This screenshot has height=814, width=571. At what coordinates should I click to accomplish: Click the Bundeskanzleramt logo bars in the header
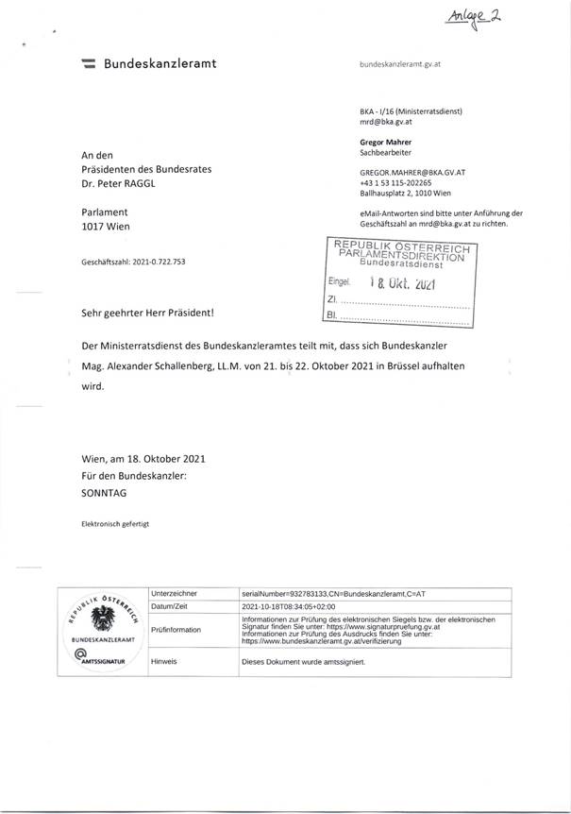point(89,64)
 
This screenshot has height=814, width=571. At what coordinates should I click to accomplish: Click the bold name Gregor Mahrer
point(385,142)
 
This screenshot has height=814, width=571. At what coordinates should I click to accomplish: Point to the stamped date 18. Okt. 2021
point(398,281)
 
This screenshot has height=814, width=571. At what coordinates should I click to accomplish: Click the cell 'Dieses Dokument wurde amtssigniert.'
point(303,662)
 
